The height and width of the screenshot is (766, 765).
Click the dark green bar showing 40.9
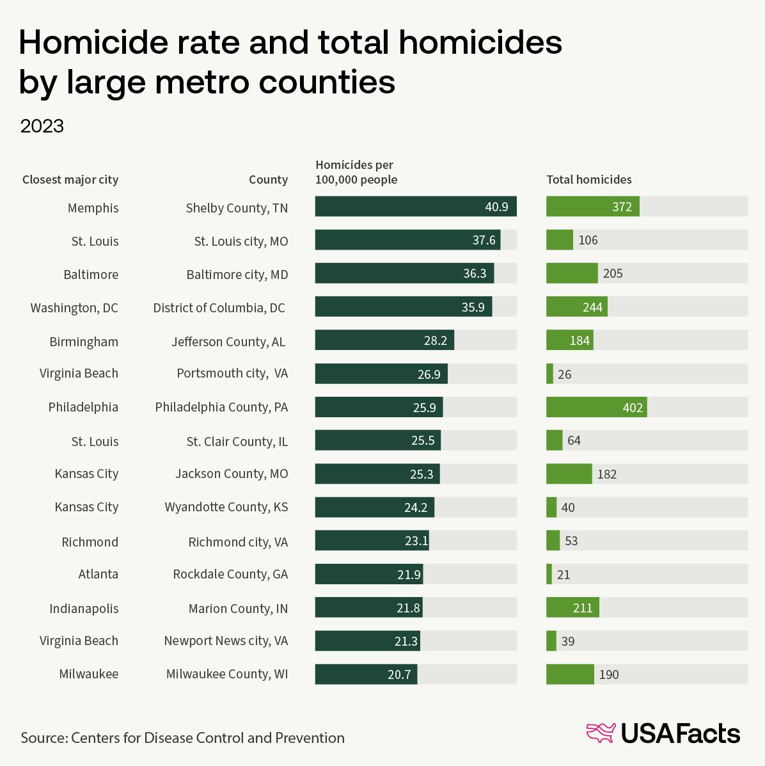pyautogui.click(x=416, y=207)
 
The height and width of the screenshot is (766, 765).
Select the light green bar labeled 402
pyautogui.click(x=596, y=407)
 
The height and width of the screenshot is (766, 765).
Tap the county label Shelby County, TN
pyautogui.click(x=237, y=208)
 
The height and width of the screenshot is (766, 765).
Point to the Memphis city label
pyautogui.click(x=93, y=208)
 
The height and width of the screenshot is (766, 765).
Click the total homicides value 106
pyautogui.click(x=588, y=240)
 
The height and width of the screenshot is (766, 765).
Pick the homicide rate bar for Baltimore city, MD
pyautogui.click(x=404, y=273)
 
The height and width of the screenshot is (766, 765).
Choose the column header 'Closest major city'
pyautogui.click(x=70, y=180)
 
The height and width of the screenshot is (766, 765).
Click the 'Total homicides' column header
pyautogui.click(x=589, y=180)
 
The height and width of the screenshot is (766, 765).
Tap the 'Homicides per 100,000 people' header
pyautogui.click(x=356, y=173)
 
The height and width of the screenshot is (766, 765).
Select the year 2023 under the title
pyautogui.click(x=42, y=126)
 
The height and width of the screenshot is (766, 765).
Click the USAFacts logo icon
pyautogui.click(x=601, y=733)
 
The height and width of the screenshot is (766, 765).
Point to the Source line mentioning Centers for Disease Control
pyautogui.click(x=182, y=738)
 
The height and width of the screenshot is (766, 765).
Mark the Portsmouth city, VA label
pyautogui.click(x=232, y=373)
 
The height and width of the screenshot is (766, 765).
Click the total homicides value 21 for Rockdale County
pyautogui.click(x=564, y=575)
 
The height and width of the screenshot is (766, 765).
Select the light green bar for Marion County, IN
pyautogui.click(x=572, y=607)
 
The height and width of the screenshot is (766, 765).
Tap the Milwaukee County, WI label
pyautogui.click(x=227, y=674)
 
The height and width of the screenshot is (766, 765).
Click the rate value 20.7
pyautogui.click(x=399, y=674)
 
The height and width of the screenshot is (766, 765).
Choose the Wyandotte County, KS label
pyautogui.click(x=226, y=507)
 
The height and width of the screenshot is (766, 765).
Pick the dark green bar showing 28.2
pyautogui.click(x=384, y=340)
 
